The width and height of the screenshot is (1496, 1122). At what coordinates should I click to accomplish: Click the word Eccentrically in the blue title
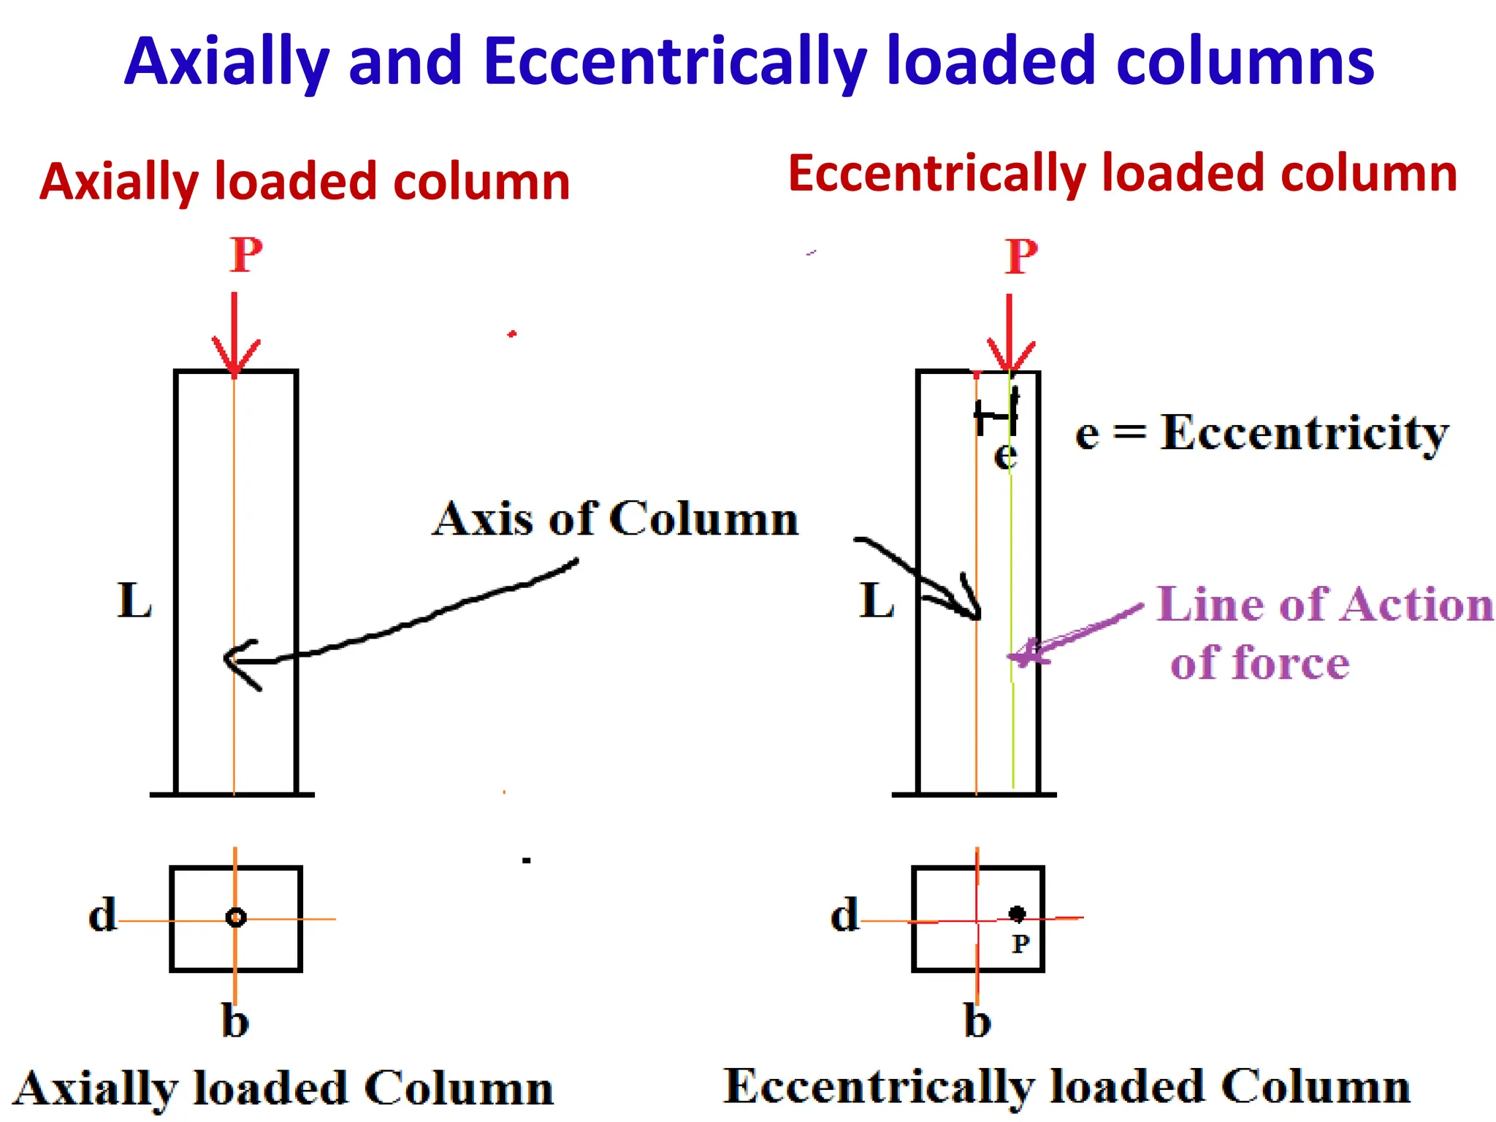pyautogui.click(x=674, y=62)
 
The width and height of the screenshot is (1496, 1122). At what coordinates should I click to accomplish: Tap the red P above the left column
pyautogui.click(x=245, y=255)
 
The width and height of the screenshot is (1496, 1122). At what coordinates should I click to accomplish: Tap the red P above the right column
pyautogui.click(x=1020, y=256)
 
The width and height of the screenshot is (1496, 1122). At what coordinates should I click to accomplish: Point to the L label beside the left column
pyautogui.click(x=135, y=601)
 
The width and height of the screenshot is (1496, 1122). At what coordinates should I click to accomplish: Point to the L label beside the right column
pyautogui.click(x=877, y=601)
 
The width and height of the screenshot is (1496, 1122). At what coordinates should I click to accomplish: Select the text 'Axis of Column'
pyautogui.click(x=615, y=519)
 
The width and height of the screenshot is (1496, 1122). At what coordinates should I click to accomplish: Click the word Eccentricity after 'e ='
pyautogui.click(x=1304, y=433)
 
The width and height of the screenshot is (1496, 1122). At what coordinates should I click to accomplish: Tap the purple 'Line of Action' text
pyautogui.click(x=1324, y=605)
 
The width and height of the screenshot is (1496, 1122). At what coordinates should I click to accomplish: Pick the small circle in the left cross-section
pyautogui.click(x=235, y=917)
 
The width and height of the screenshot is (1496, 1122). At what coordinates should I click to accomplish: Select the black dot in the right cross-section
pyautogui.click(x=1016, y=913)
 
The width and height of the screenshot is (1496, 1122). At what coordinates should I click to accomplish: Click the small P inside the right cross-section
pyautogui.click(x=1020, y=944)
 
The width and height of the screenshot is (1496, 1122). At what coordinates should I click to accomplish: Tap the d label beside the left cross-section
pyautogui.click(x=102, y=915)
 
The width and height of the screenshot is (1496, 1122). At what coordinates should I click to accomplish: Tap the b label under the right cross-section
pyautogui.click(x=977, y=1020)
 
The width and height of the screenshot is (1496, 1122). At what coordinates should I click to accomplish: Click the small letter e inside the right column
pyautogui.click(x=1005, y=456)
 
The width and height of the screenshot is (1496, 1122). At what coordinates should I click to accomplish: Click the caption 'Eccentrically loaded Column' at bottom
pyautogui.click(x=1066, y=1087)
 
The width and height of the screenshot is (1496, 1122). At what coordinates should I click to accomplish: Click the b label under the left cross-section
pyautogui.click(x=235, y=1020)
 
